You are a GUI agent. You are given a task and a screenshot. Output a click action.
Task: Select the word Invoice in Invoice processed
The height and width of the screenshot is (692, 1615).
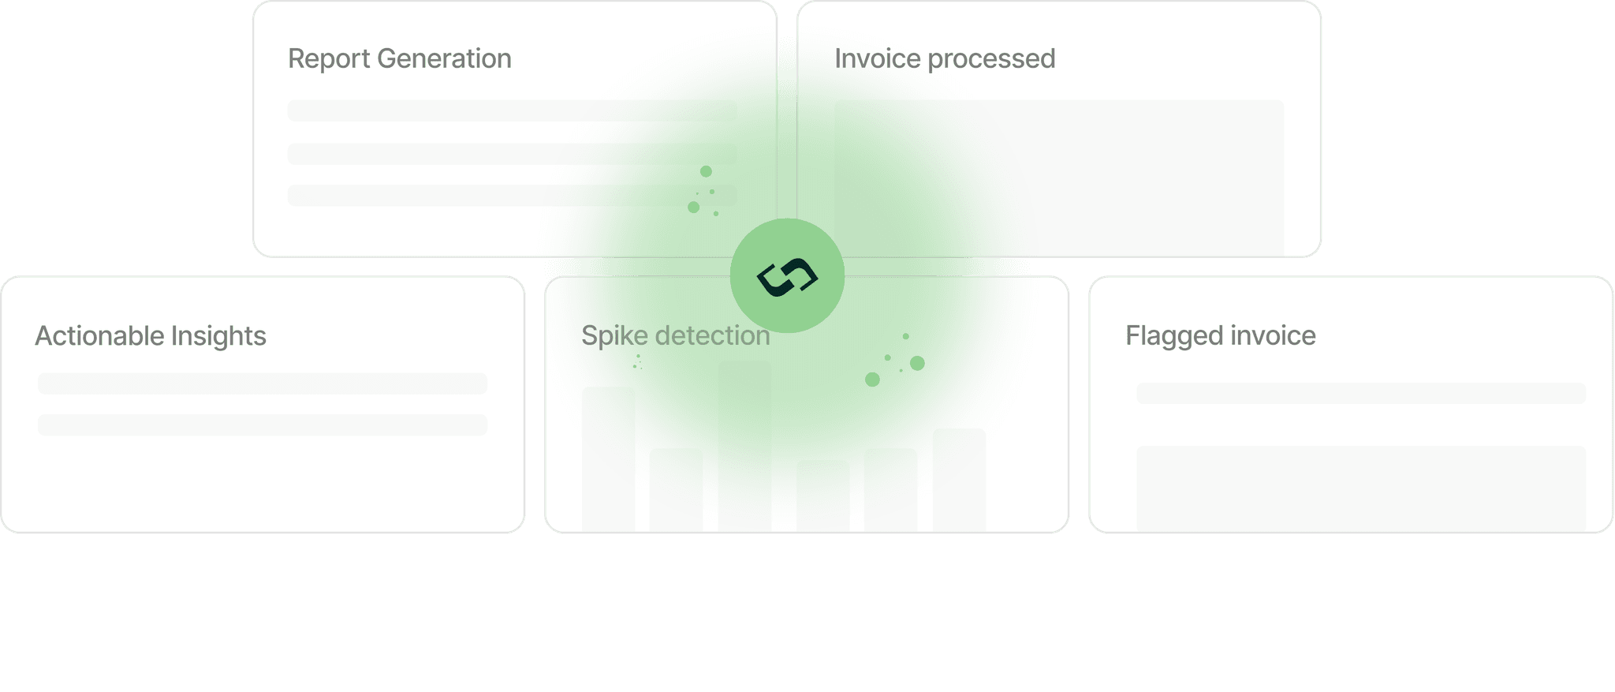tap(878, 59)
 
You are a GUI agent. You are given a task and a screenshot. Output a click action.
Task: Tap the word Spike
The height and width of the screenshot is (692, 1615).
tap(614, 336)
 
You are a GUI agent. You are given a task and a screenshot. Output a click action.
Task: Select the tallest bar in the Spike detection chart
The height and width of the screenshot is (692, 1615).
tap(744, 446)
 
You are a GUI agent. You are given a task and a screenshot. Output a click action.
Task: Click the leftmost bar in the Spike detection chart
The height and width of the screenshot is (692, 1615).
tap(608, 458)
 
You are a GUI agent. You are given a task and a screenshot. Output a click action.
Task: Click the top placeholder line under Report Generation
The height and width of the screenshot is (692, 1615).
tap(512, 110)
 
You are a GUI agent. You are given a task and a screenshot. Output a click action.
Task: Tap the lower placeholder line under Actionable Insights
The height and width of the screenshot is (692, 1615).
tap(263, 425)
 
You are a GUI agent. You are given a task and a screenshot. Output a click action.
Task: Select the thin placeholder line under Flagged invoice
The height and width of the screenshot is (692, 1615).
tap(1360, 394)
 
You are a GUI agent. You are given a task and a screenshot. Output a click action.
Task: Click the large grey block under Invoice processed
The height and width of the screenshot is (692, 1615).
tap(1059, 178)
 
